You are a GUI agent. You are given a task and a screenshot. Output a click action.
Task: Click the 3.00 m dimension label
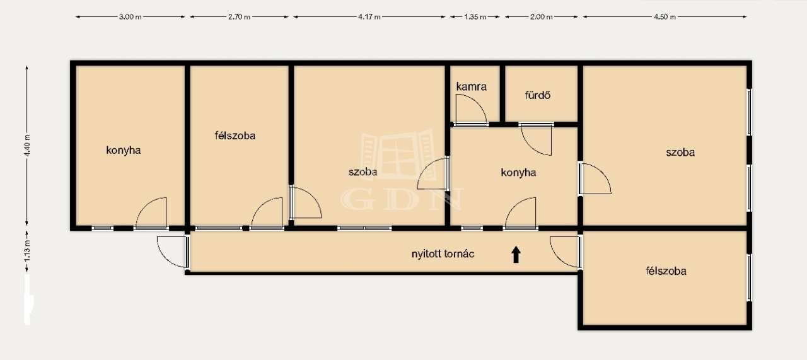point(131,17)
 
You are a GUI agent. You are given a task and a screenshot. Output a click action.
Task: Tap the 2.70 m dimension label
point(239,17)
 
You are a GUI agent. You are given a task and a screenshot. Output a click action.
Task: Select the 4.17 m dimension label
point(369,17)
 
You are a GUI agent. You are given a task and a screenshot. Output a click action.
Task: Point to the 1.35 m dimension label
point(475,17)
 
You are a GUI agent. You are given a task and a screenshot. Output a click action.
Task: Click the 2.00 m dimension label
point(541,17)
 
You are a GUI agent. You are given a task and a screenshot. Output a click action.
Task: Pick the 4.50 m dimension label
point(665,17)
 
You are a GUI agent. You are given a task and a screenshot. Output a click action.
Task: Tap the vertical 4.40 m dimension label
point(27,145)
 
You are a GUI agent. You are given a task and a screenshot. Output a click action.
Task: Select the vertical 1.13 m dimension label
point(27,251)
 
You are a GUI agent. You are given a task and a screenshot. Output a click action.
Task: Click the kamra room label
point(471,86)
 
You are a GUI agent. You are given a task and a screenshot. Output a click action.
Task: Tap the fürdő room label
point(538,95)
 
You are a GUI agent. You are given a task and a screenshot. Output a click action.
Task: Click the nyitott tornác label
point(443,253)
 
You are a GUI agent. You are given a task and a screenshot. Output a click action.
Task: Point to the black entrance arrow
point(516,255)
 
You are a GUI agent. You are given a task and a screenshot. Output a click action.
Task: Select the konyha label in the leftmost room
point(123,151)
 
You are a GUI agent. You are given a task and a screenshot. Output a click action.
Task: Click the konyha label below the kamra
point(518,173)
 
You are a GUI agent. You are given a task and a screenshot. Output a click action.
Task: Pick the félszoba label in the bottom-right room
point(666,271)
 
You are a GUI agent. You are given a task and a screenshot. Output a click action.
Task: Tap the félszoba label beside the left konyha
point(235,136)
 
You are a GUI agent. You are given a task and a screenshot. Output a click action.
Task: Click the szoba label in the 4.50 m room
point(680,153)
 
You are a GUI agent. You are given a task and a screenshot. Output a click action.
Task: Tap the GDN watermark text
point(402,199)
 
